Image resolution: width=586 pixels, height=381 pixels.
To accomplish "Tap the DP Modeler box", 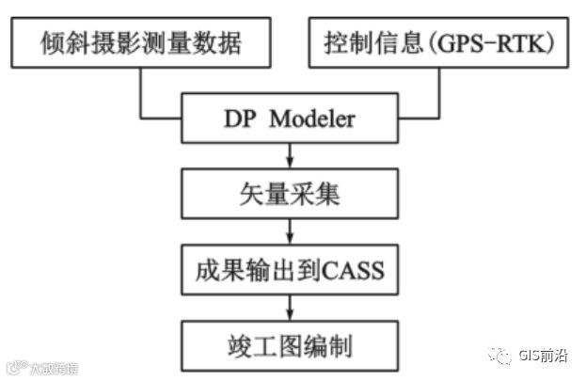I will point(292,119).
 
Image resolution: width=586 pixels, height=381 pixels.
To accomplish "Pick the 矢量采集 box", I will point(292,196).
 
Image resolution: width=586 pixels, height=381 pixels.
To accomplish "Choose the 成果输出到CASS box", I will point(292,272).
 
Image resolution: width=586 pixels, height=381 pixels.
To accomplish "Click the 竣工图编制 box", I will point(292,345).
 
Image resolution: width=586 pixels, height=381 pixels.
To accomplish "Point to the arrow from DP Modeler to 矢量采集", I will point(292,156).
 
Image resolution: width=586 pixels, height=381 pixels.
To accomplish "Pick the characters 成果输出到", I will point(260,272).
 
